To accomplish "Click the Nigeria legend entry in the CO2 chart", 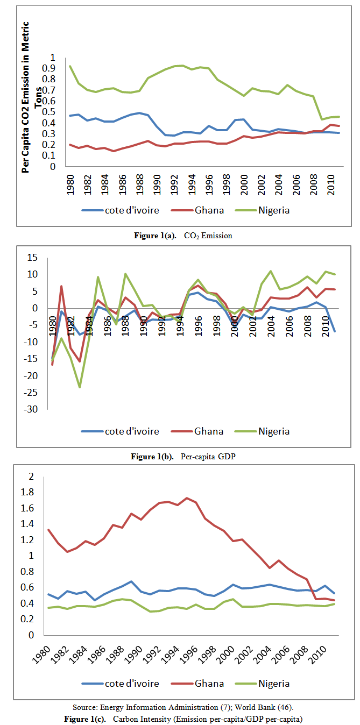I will pos(265,210).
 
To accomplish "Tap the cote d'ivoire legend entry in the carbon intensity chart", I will pos(125,684).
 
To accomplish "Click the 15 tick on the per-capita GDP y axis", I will pos(32,258).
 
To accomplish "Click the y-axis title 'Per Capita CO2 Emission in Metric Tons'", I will pos(31,97).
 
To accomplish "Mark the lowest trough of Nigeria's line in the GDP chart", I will pos(80,387).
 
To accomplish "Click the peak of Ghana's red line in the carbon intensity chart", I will pos(186,498).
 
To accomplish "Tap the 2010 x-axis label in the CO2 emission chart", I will pos(330,184).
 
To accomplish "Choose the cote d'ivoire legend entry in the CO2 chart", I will pos(125,210).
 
